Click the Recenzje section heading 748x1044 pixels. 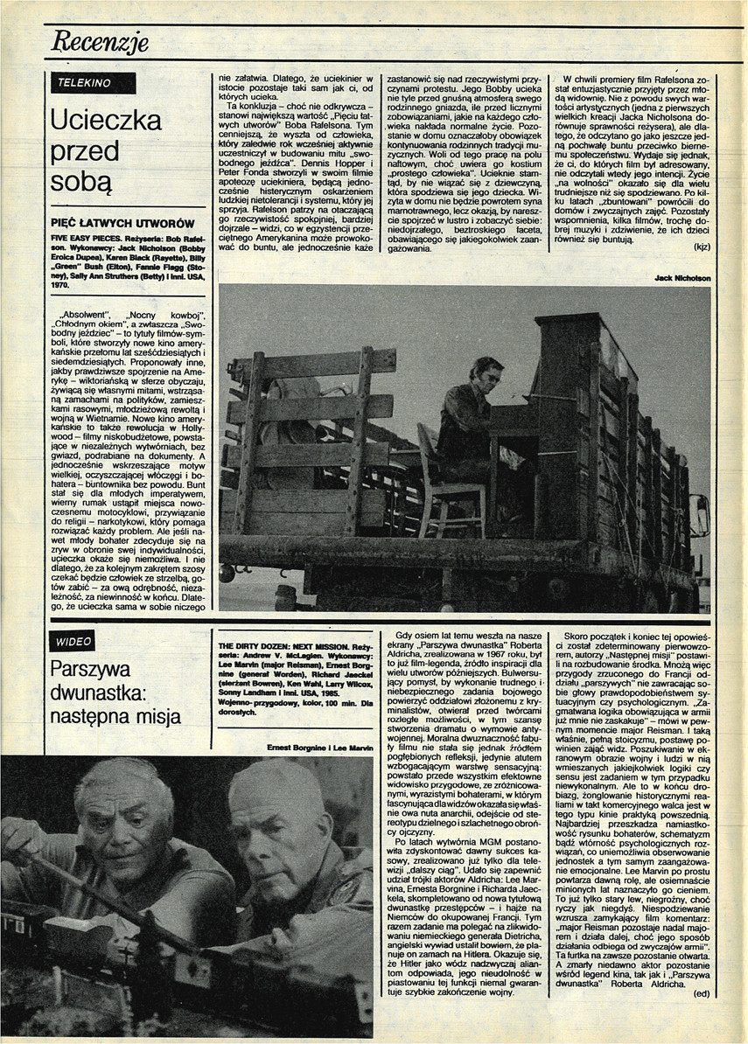click(101, 41)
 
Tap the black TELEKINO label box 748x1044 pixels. click(93, 83)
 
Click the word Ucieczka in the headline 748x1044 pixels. click(106, 120)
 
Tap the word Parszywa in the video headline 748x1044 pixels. click(92, 671)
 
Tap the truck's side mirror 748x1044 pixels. click(700, 516)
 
